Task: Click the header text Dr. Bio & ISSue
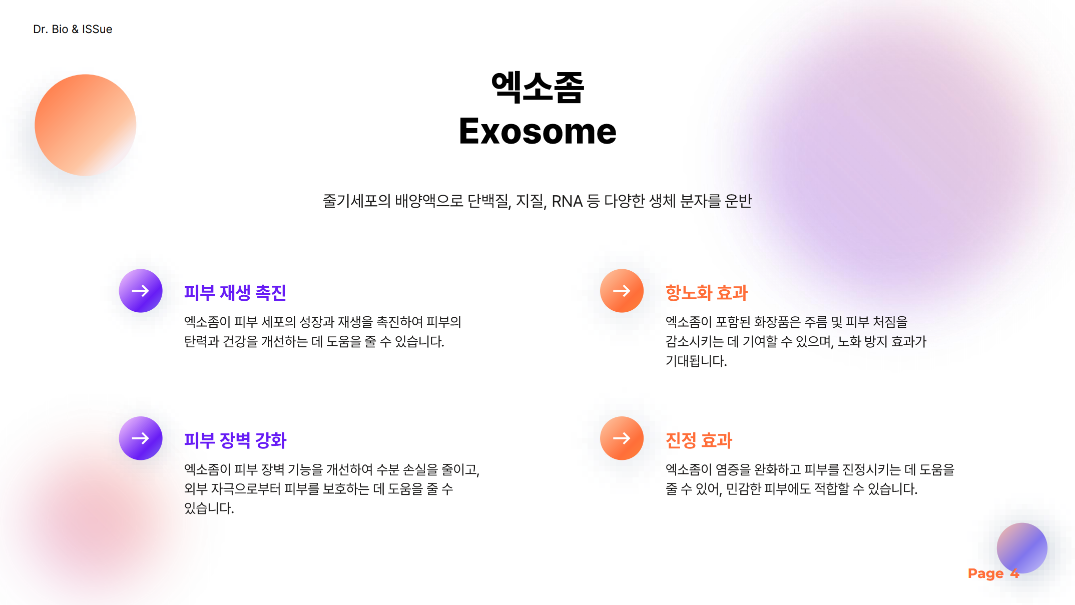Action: point(73,29)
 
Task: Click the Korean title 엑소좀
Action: point(537,87)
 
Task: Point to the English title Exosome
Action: point(537,131)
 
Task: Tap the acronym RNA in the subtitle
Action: point(567,201)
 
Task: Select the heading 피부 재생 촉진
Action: point(235,293)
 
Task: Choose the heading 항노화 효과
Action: point(706,293)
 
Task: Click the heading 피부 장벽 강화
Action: point(235,440)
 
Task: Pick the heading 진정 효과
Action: point(699,440)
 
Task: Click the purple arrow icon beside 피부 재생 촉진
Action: point(141,291)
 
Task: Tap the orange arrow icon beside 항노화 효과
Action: point(622,291)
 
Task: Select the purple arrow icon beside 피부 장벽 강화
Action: point(141,438)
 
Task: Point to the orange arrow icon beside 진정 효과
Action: point(622,438)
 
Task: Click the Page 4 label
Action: point(993,573)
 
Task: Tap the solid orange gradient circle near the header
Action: point(85,125)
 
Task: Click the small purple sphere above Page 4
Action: point(1022,548)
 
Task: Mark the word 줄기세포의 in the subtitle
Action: point(356,201)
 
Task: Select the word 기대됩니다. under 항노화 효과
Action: point(696,361)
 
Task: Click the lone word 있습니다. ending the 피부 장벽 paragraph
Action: point(209,508)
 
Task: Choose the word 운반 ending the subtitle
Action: point(738,201)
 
